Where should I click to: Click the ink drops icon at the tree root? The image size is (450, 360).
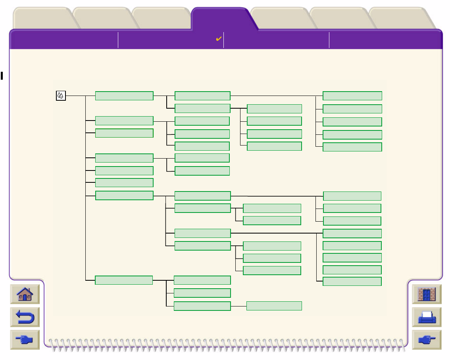pyautogui.click(x=60, y=96)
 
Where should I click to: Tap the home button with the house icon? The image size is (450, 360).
pyautogui.click(x=25, y=295)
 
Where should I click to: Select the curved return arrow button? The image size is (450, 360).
pyautogui.click(x=25, y=317)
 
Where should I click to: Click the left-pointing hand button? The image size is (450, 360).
pyautogui.click(x=25, y=340)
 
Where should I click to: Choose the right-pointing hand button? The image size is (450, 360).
pyautogui.click(x=427, y=340)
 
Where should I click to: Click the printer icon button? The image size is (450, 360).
pyautogui.click(x=427, y=317)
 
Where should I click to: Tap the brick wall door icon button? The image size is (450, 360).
pyautogui.click(x=427, y=295)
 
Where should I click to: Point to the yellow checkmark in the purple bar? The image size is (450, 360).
pyautogui.click(x=218, y=39)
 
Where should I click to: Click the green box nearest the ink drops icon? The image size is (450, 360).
pyautogui.click(x=124, y=96)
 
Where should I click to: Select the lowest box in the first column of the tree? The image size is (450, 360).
pyautogui.click(x=124, y=280)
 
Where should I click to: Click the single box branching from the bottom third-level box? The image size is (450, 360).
pyautogui.click(x=274, y=306)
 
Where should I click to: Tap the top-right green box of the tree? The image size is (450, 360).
pyautogui.click(x=352, y=96)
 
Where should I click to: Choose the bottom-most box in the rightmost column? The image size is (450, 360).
pyautogui.click(x=352, y=281)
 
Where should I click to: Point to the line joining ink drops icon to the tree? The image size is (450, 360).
pyautogui.click(x=75, y=96)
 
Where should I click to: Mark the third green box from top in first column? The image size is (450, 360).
pyautogui.click(x=124, y=133)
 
